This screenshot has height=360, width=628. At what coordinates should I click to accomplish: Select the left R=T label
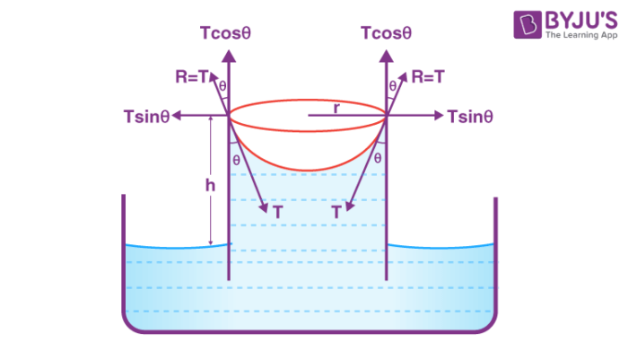pos(193,78)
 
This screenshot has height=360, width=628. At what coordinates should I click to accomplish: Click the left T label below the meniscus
pos(278,213)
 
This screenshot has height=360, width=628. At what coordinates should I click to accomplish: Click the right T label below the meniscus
pos(336,213)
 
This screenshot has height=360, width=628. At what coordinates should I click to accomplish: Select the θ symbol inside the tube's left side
pos(236,159)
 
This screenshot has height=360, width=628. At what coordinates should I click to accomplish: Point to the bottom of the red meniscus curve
pos(308,171)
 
